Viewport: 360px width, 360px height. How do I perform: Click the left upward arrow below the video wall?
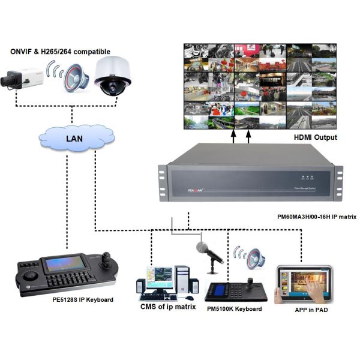pyautogui.click(x=233, y=137)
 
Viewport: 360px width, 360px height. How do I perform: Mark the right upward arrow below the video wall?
pyautogui.click(x=248, y=137)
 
